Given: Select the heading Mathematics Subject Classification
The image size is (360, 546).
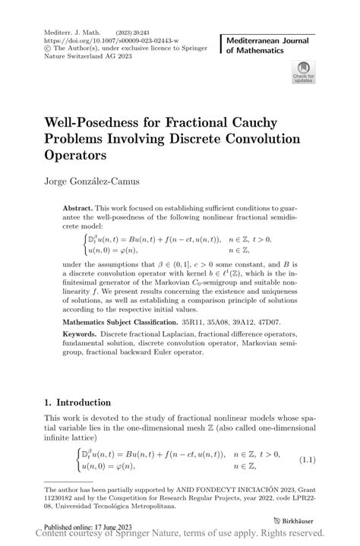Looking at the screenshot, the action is point(141,321).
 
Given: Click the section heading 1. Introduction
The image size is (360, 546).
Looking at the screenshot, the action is point(77,402).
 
